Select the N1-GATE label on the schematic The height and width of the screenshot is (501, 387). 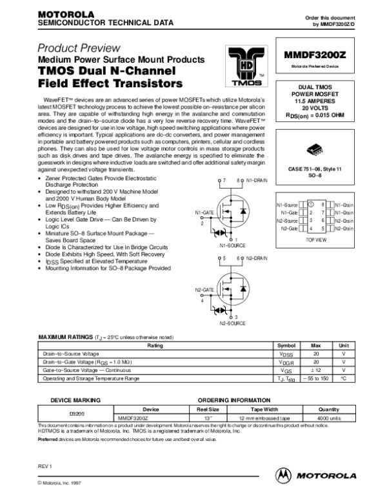(204, 212)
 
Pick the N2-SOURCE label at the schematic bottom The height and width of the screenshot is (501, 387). (232, 323)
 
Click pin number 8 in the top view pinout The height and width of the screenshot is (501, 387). (322, 204)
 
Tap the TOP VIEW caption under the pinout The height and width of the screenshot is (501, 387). (316, 239)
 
